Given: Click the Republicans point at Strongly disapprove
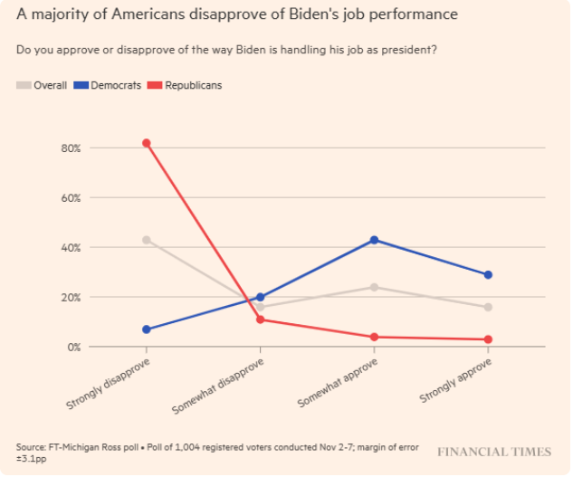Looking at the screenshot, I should (147, 143).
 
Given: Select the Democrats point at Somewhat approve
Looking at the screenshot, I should (374, 240).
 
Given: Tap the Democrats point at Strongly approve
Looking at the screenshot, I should (488, 274).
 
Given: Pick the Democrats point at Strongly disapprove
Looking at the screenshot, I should (147, 329).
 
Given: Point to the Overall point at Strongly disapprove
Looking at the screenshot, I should (147, 240).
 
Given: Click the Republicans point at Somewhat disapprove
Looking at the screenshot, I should (261, 320).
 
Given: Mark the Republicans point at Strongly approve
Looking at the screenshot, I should (488, 339).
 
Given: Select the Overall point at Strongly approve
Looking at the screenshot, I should (488, 307).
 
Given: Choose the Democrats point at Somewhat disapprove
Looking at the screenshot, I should (261, 297).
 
